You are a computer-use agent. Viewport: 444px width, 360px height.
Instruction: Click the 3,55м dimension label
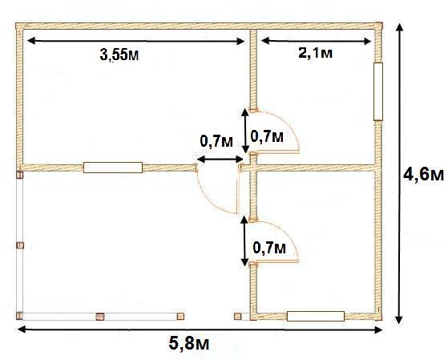tap(119, 55)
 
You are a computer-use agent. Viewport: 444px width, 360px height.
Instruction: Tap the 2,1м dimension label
tap(315, 53)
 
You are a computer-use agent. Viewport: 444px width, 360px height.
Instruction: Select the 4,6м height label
tap(424, 175)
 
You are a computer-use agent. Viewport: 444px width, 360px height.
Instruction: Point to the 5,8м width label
tap(189, 344)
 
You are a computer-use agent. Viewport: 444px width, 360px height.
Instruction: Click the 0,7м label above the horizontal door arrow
tap(216, 141)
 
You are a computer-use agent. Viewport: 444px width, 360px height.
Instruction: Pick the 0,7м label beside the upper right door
tap(267, 137)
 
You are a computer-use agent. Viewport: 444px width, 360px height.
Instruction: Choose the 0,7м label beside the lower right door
tap(269, 248)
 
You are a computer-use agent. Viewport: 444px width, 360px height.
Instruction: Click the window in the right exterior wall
tap(378, 91)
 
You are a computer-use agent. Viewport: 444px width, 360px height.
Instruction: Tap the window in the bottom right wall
tap(316, 316)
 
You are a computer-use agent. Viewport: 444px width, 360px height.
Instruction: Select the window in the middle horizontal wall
tap(113, 168)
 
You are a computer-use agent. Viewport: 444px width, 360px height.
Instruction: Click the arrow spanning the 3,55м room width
tap(135, 41)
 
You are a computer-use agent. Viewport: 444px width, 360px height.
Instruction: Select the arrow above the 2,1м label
tap(316, 41)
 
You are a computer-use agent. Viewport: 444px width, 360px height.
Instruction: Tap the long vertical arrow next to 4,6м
tap(399, 173)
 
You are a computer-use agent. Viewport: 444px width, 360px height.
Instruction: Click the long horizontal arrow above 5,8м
tap(200, 330)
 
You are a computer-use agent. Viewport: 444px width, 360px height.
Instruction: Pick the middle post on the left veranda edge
tap(20, 245)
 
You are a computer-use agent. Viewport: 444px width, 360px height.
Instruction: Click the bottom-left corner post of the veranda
tap(19, 316)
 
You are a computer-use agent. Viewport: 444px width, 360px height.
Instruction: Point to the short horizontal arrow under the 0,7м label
tap(220, 160)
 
